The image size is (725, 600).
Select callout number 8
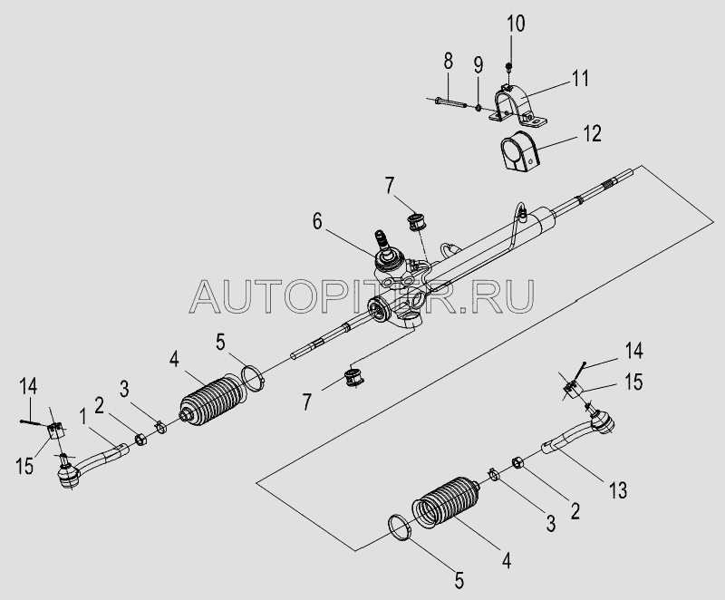click(x=447, y=63)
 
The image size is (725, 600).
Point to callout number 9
click(x=478, y=65)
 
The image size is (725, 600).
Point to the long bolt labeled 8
click(x=449, y=101)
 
